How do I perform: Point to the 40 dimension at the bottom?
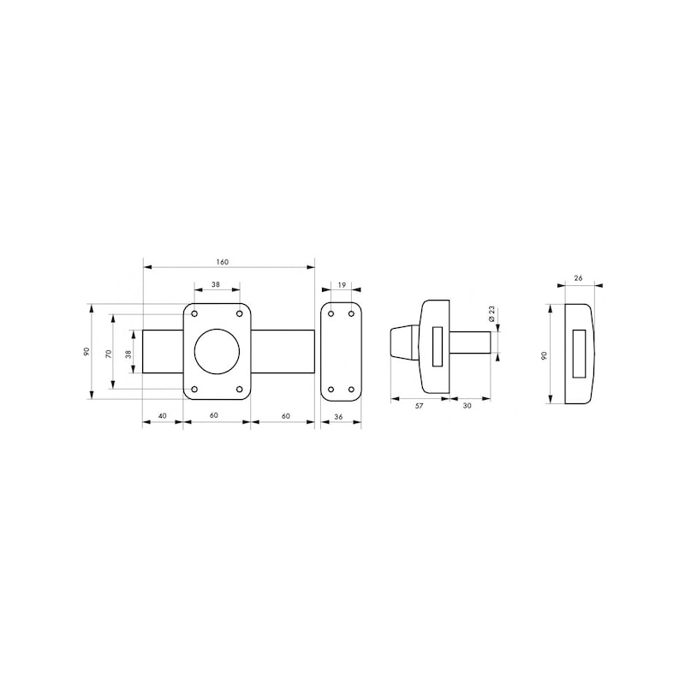(x=162, y=416)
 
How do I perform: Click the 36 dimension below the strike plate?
(x=340, y=416)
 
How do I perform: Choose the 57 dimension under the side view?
(x=419, y=406)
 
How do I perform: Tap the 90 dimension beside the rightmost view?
(x=544, y=354)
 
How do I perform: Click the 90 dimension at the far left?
(x=86, y=352)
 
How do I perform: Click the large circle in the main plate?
(x=217, y=351)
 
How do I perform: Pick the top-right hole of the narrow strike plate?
(x=351, y=313)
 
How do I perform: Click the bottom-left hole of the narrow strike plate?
(x=331, y=390)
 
